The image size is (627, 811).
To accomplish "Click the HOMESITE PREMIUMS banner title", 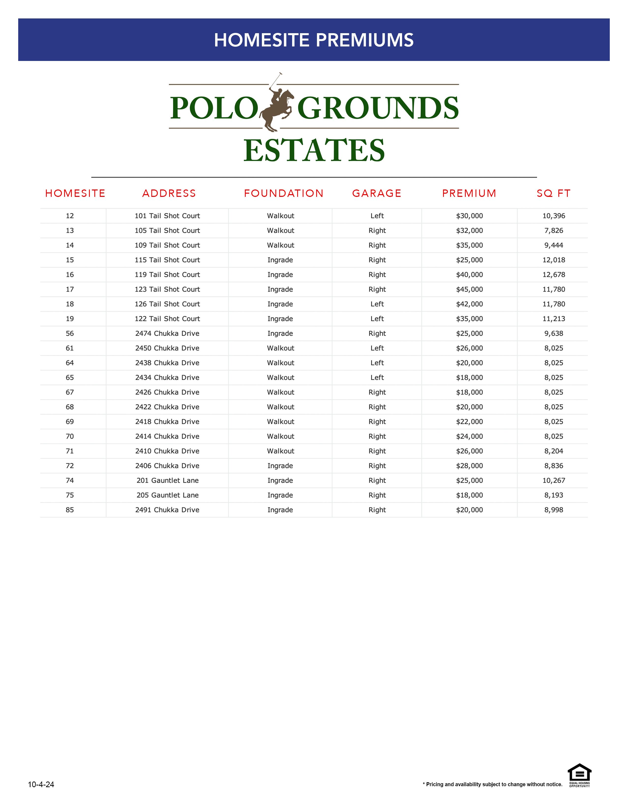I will tap(313, 40).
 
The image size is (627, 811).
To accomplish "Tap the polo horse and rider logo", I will tap(277, 106).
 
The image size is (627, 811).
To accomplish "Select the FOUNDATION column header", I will tap(284, 193).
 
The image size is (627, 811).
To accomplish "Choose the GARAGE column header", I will tap(377, 193).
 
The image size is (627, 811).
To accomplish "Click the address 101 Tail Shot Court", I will tap(167, 216).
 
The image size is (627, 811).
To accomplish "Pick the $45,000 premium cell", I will tap(469, 289).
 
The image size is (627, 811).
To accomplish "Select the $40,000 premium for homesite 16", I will tap(469, 275).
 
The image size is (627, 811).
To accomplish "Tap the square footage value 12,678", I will tap(553, 275).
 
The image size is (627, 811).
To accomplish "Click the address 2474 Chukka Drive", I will tap(167, 333).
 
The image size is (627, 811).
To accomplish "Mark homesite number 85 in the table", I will tap(70, 510).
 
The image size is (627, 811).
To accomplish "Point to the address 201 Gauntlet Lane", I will tap(167, 480).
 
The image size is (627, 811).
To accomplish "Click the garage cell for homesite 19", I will tap(377, 319).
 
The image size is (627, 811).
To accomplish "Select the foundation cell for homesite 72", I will tap(280, 466).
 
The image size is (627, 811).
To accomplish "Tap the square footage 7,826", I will tap(553, 231).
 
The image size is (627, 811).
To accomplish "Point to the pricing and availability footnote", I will tap(492, 784).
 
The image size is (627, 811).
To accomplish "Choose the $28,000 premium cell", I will tap(469, 466).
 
